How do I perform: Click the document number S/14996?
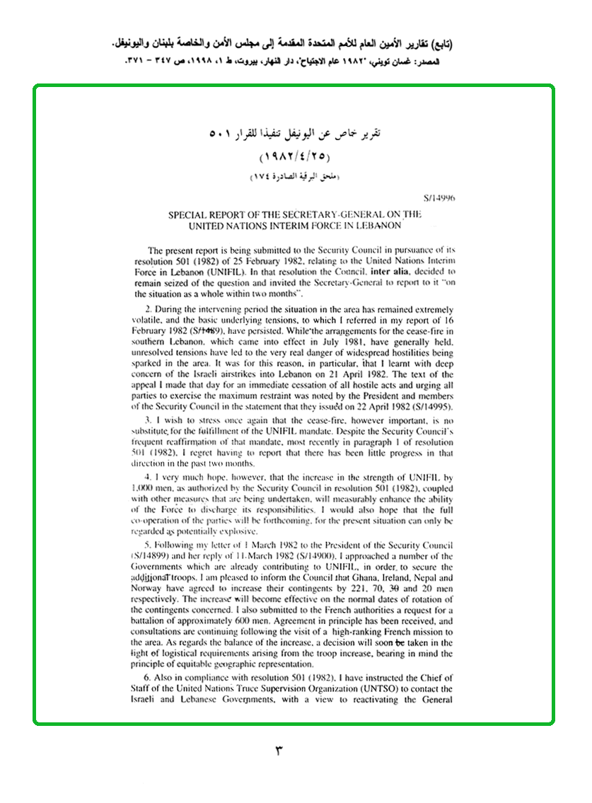point(439,200)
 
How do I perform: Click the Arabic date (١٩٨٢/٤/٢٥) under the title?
point(295,156)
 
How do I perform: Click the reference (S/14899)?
point(155,556)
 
